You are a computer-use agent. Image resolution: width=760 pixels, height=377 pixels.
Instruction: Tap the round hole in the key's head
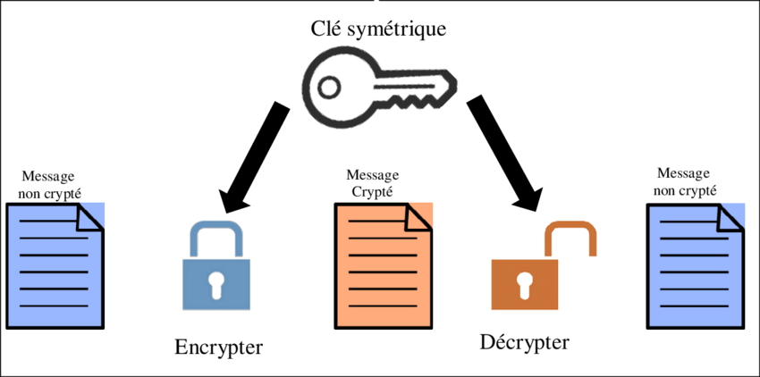[x=328, y=87]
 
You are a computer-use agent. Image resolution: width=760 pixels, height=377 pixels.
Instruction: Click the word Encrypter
[x=219, y=347]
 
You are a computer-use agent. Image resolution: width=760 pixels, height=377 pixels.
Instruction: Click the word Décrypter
[x=524, y=342]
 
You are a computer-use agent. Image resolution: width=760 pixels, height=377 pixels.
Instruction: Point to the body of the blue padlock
[x=215, y=284]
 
